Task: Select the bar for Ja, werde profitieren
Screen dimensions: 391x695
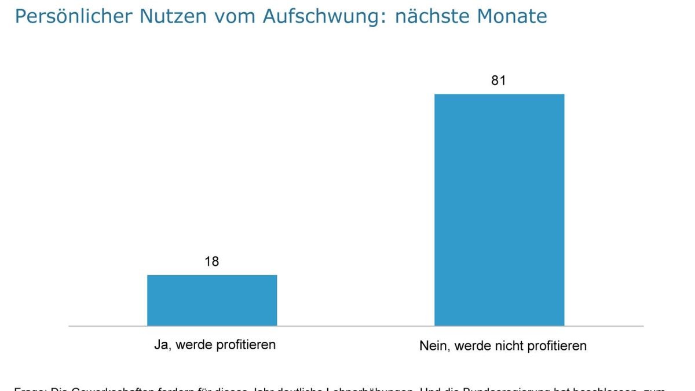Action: pyautogui.click(x=212, y=300)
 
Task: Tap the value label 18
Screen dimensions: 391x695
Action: pyautogui.click(x=212, y=262)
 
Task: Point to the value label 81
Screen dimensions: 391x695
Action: pyautogui.click(x=499, y=81)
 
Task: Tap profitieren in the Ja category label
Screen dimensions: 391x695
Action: pyautogui.click(x=246, y=345)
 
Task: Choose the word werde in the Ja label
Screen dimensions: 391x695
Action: pyautogui.click(x=193, y=345)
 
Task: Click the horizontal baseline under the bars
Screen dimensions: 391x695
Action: pyautogui.click(x=356, y=326)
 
